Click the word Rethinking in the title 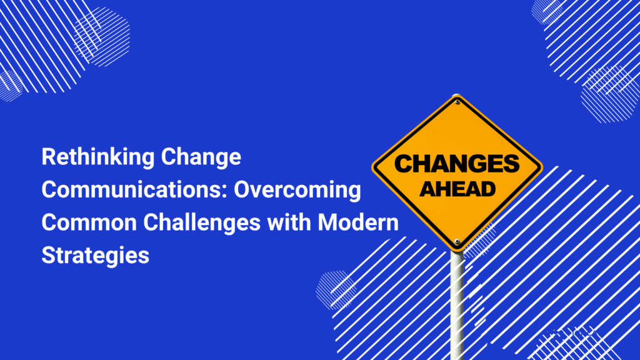tap(98, 157)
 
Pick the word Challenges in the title tap(202, 223)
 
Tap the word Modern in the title tap(358, 223)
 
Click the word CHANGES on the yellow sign tap(457, 164)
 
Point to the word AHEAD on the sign tap(457, 189)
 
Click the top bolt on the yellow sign tap(457, 102)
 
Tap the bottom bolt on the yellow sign tap(457, 242)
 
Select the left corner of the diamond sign tap(372, 167)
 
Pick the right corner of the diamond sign tap(542, 167)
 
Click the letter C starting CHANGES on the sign tap(403, 164)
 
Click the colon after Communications tap(225, 192)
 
